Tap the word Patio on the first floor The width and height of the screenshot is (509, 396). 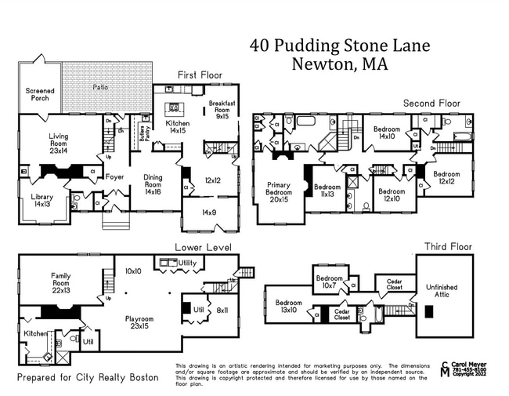click(100, 87)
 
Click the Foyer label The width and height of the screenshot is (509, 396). click(115, 177)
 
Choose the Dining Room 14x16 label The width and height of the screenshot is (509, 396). click(153, 183)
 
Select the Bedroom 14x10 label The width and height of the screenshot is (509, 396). click(387, 132)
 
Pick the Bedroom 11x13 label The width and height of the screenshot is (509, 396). click(327, 191)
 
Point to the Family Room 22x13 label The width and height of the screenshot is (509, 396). click(61, 281)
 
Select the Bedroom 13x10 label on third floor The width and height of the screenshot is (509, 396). click(288, 307)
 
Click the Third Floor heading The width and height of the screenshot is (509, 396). click(447, 247)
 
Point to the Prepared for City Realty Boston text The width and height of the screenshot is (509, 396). click(88, 378)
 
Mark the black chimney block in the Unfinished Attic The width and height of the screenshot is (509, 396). click(428, 311)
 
